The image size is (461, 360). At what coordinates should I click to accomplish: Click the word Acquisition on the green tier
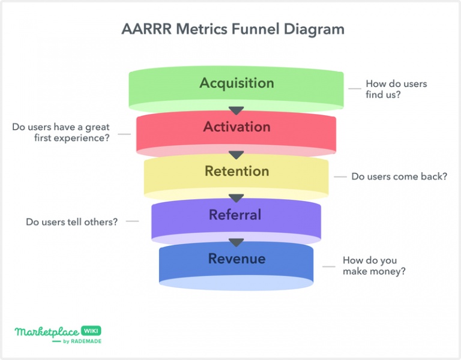click(x=237, y=83)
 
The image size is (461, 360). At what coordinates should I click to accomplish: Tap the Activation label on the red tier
click(x=237, y=127)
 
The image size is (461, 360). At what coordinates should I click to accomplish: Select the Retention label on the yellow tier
click(x=237, y=171)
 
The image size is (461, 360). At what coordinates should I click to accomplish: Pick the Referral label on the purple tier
click(x=235, y=215)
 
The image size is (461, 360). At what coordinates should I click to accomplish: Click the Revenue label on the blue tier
click(x=237, y=259)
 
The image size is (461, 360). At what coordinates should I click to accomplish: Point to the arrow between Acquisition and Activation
click(x=236, y=110)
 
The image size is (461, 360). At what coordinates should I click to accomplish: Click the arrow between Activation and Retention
click(x=236, y=155)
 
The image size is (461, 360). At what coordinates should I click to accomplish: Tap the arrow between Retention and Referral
click(x=236, y=198)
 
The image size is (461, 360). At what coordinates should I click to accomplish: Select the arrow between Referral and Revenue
click(x=236, y=242)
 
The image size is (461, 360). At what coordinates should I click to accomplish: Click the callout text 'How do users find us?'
click(x=396, y=89)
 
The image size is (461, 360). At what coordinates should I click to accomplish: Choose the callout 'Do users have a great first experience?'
click(x=61, y=132)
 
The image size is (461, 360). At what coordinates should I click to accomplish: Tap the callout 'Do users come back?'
click(x=399, y=176)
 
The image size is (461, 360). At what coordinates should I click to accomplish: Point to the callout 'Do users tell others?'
click(x=72, y=221)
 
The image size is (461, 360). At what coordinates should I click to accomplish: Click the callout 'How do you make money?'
click(x=374, y=266)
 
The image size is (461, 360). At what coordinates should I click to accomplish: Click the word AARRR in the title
click(x=146, y=29)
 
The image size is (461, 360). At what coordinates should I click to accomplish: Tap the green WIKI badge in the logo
click(x=91, y=331)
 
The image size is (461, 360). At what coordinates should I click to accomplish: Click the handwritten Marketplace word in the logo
click(x=47, y=332)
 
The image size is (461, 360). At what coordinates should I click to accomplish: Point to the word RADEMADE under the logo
click(x=86, y=341)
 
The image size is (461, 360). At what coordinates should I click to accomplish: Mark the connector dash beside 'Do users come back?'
click(x=340, y=177)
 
